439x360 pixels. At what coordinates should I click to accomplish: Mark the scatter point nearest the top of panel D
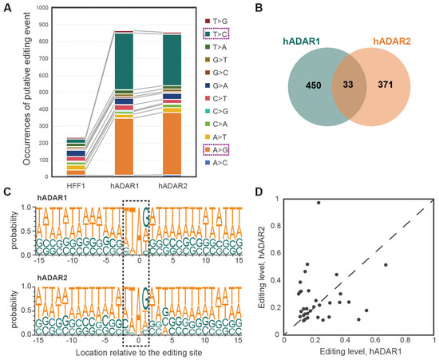coord(318,204)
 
